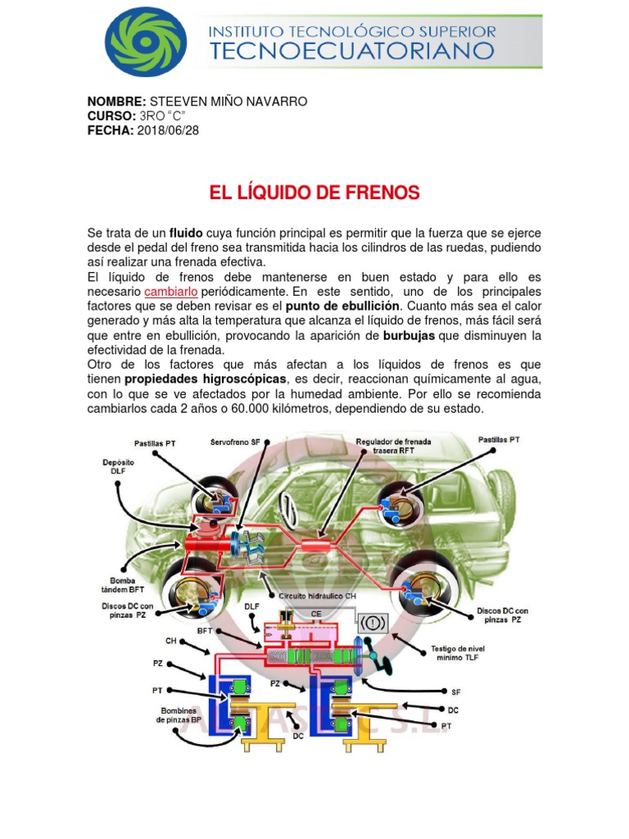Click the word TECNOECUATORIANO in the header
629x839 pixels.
point(353,52)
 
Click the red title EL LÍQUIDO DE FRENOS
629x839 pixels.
point(314,193)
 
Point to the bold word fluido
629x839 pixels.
point(186,233)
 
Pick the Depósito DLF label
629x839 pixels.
point(118,467)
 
